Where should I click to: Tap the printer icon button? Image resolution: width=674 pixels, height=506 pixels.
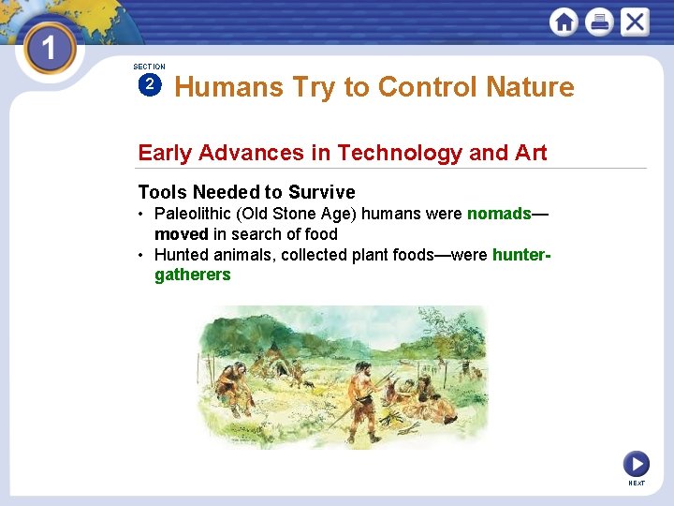point(599,22)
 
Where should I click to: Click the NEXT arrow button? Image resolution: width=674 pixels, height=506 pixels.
point(636,463)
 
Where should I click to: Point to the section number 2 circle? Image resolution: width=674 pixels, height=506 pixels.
point(149,85)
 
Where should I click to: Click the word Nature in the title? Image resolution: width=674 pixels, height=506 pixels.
point(530,87)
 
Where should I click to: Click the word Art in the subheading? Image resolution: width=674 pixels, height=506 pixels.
point(530,153)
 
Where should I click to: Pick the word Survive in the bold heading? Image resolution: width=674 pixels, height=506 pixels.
point(321,192)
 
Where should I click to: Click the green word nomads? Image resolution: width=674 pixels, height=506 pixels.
point(499,214)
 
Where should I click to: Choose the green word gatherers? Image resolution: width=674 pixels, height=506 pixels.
point(192,275)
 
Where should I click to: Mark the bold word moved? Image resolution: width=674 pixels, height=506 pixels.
point(181,234)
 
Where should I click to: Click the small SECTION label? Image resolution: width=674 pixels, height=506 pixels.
point(149,67)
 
